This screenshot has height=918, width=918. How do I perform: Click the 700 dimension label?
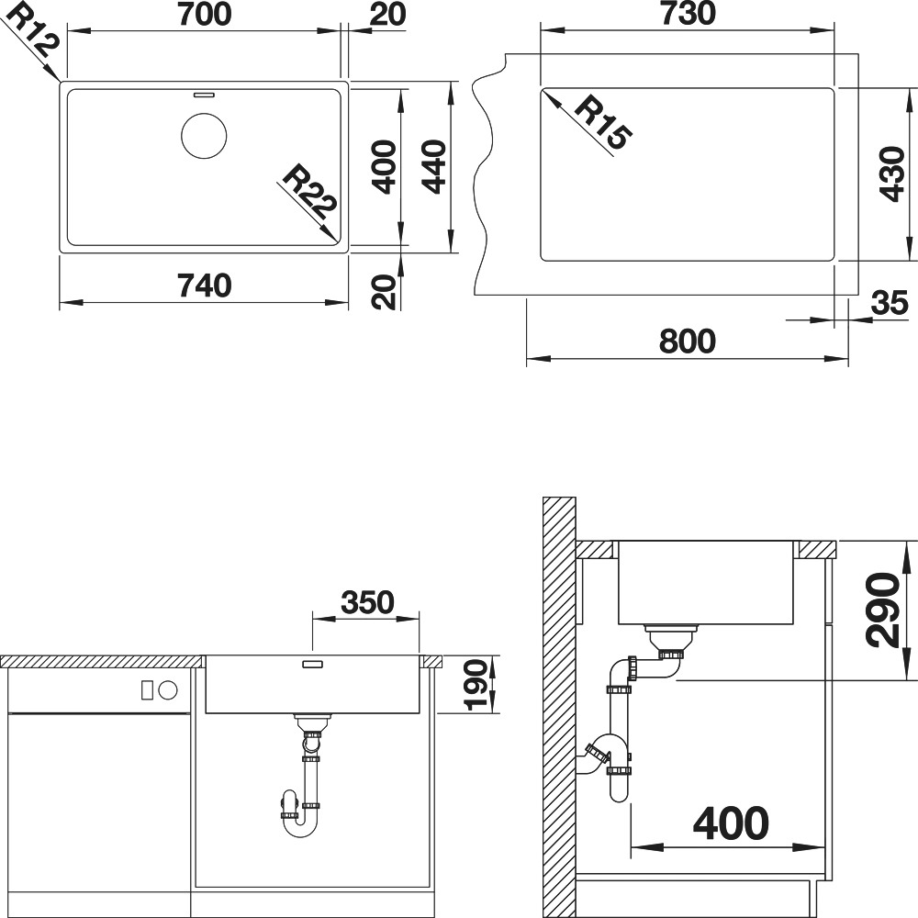pos(205,15)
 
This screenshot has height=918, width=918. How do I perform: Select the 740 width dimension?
pos(205,286)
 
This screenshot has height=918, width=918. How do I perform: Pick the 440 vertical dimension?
pos(434,166)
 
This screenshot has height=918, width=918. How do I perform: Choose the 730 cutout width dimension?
pos(688,15)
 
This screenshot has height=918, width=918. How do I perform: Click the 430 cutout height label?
pos(892,174)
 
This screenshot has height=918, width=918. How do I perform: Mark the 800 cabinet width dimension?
pos(688,341)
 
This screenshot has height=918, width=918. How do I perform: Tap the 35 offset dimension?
pos(890,303)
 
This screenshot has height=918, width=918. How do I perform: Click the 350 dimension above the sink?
pos(367,602)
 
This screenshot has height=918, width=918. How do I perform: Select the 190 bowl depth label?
pos(476,685)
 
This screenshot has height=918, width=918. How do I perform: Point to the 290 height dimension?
pos(883,610)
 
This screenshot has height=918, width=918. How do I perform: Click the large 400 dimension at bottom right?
pos(731,823)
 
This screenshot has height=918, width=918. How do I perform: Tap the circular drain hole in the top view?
pos(204,136)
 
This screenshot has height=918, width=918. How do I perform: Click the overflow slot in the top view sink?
pos(204,93)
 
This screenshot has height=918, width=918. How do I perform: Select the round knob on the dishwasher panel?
pos(168,690)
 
